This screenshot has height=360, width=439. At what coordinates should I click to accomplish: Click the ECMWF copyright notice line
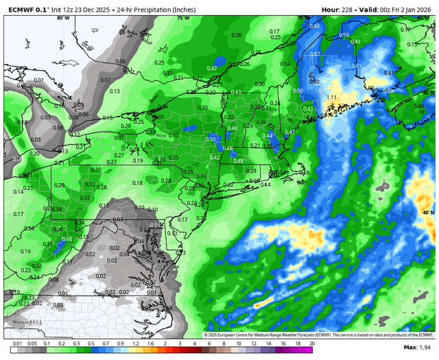click(x=318, y=335)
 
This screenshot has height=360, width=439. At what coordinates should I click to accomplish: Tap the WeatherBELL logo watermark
click(x=23, y=324)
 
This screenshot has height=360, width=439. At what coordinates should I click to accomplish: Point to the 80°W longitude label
click(x=63, y=19)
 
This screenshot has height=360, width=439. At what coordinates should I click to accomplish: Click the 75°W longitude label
click(x=182, y=19)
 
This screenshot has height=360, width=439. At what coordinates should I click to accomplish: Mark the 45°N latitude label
click(x=428, y=92)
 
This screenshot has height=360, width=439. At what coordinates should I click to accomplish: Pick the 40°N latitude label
click(x=428, y=213)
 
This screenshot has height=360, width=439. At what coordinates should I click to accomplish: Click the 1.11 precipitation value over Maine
click(x=331, y=97)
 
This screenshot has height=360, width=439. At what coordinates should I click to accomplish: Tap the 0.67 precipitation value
click(x=316, y=54)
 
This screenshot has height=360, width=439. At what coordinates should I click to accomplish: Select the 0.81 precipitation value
click(x=390, y=73)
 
